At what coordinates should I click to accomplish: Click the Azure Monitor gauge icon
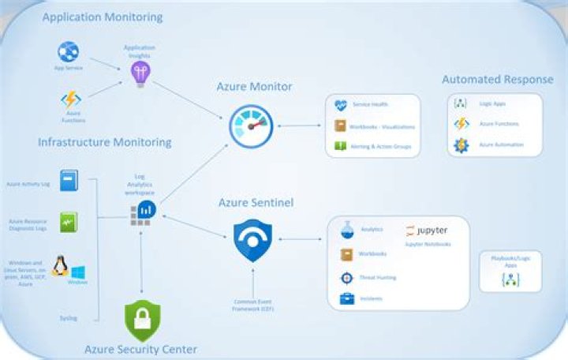(252, 126)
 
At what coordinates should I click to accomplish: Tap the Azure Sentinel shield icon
(252, 241)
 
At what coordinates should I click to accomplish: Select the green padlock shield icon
(142, 320)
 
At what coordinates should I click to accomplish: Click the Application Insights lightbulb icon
(140, 73)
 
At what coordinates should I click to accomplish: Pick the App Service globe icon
(68, 52)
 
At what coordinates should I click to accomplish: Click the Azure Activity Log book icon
(69, 180)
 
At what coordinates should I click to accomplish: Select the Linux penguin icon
(59, 266)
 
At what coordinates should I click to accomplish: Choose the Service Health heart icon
(341, 105)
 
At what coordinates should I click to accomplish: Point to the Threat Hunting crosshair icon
(346, 277)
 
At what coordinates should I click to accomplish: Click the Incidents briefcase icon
(346, 299)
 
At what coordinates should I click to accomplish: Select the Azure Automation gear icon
(461, 145)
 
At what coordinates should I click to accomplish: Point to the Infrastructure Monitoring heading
(104, 142)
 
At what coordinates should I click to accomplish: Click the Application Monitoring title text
(103, 17)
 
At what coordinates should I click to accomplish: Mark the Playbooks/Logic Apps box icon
(510, 279)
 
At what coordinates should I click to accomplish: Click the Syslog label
(69, 318)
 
